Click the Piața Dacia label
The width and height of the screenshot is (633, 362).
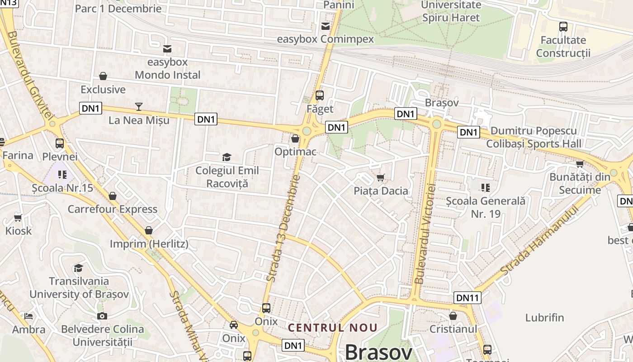pos(381,191)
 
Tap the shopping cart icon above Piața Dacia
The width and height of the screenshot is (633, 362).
pos(381,177)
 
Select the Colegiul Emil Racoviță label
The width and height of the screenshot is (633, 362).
pos(227,177)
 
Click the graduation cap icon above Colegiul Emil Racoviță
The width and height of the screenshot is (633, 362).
pos(227,157)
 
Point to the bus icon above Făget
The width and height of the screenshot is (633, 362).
pos(320,95)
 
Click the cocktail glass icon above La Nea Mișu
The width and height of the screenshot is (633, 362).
pos(139,106)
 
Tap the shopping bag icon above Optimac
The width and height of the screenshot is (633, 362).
pos(295,138)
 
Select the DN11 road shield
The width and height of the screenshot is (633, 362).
pos(468,298)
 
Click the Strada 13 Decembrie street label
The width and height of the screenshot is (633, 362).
pos(283,228)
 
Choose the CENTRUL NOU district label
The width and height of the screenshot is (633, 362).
pos(333,327)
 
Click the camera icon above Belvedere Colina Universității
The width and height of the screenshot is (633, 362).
pos(102,316)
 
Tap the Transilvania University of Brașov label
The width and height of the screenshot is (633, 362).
pos(79,287)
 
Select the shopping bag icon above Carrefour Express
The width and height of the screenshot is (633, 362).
pos(113,196)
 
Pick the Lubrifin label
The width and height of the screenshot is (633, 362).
pos(544,318)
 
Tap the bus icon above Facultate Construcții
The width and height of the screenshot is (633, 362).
pos(563,27)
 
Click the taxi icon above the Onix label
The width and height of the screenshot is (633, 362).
pos(234,324)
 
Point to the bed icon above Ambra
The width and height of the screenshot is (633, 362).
pos(28,316)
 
